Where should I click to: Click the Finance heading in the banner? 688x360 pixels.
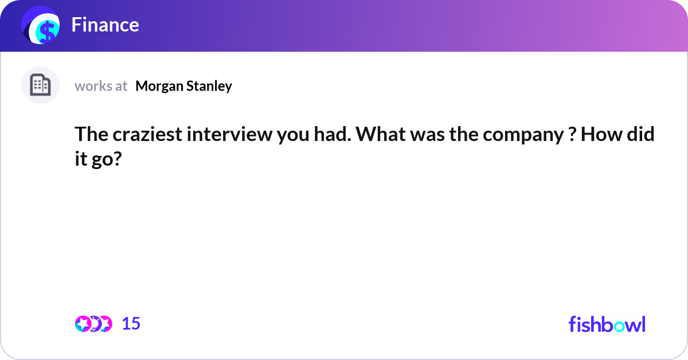[x=105, y=25]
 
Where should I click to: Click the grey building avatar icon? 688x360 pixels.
[x=40, y=85]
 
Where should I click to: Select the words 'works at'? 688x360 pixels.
[x=101, y=86]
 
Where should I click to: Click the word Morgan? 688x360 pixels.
[x=157, y=86]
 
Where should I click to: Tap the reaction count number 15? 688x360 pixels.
[x=131, y=324]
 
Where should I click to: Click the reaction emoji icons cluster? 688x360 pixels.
[x=93, y=324]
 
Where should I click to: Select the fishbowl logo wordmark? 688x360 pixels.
[x=607, y=324]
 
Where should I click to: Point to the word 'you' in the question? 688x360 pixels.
[x=276, y=136]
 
